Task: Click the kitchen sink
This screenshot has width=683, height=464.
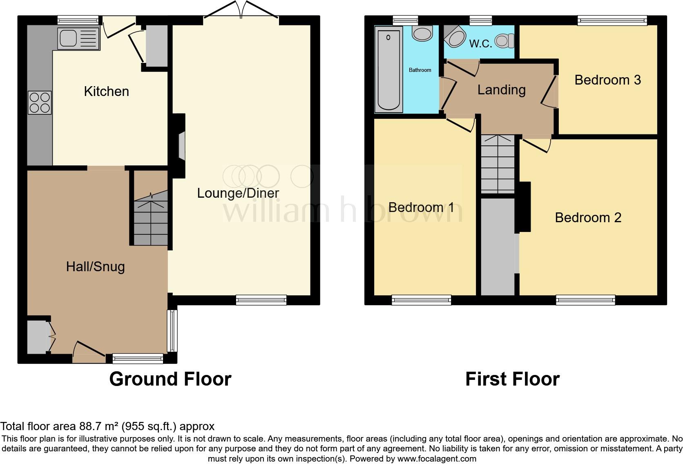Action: [78, 38]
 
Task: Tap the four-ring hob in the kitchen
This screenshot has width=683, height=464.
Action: [40, 103]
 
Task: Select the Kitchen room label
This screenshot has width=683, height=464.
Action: [106, 91]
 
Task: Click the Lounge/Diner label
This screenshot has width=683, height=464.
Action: [238, 193]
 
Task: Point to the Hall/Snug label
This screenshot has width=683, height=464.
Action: [95, 267]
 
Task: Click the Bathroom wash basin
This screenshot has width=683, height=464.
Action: [422, 33]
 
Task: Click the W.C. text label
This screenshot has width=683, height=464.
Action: [480, 44]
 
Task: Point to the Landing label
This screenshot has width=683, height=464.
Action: [501, 90]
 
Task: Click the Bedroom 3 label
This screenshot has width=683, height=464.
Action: [607, 80]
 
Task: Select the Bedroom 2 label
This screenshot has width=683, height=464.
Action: [588, 218]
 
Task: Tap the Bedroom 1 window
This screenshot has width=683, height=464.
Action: [421, 300]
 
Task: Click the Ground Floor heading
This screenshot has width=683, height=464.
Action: [170, 379]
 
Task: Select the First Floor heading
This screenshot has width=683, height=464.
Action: [512, 379]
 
